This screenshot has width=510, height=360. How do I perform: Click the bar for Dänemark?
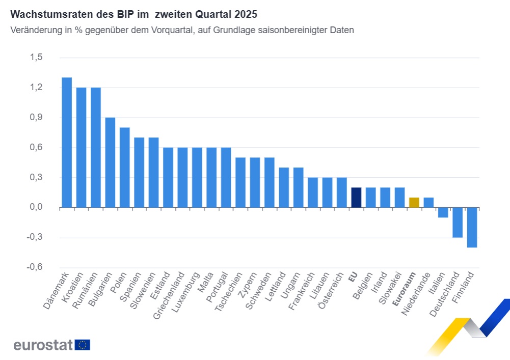(67, 143)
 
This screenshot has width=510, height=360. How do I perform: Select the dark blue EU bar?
(356, 198)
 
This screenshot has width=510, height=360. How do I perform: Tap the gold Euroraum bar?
(414, 203)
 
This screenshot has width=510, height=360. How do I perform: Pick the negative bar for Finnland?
(472, 227)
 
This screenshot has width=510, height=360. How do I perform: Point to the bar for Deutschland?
(458, 223)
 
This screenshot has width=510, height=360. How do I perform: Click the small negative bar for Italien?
(443, 212)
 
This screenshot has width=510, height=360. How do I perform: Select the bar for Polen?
(125, 168)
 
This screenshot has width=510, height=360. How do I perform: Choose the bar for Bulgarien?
(110, 162)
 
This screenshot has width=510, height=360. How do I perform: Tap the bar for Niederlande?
(428, 203)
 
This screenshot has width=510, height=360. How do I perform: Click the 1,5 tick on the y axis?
(36, 58)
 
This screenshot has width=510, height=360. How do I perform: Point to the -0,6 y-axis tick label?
(35, 267)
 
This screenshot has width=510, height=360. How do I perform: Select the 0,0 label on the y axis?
(36, 207)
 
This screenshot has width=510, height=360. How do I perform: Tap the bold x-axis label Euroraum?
(406, 289)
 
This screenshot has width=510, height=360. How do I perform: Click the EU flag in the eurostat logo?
(83, 345)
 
